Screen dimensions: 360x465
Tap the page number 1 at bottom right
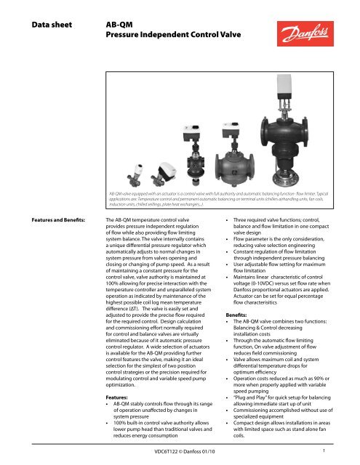click(x=343, y=450)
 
